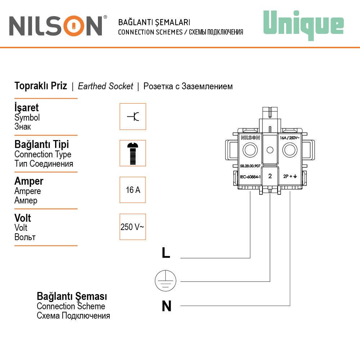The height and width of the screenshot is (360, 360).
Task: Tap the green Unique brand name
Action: [303, 24]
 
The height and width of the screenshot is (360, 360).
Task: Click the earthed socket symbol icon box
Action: [133, 117]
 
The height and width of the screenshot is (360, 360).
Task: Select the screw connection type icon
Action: [133, 153]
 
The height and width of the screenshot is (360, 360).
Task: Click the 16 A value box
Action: [133, 190]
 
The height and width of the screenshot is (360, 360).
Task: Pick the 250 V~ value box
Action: [133, 227]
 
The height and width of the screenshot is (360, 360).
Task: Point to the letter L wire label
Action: [166, 253]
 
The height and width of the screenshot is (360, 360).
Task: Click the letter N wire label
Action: [166, 306]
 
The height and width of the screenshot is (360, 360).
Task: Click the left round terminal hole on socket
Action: [250, 150]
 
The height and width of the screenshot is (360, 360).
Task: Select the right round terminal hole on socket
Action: [290, 150]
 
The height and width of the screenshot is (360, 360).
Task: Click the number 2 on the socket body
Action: [270, 176]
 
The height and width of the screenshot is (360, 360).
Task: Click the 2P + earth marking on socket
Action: [290, 177]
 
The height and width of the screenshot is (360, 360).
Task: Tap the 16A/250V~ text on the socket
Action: [290, 137]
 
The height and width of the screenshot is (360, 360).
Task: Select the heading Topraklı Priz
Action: [41, 86]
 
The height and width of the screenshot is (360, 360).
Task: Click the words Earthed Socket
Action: [105, 86]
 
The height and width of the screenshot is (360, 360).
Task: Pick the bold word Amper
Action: [29, 181]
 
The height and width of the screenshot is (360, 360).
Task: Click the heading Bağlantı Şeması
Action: [72, 297]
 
